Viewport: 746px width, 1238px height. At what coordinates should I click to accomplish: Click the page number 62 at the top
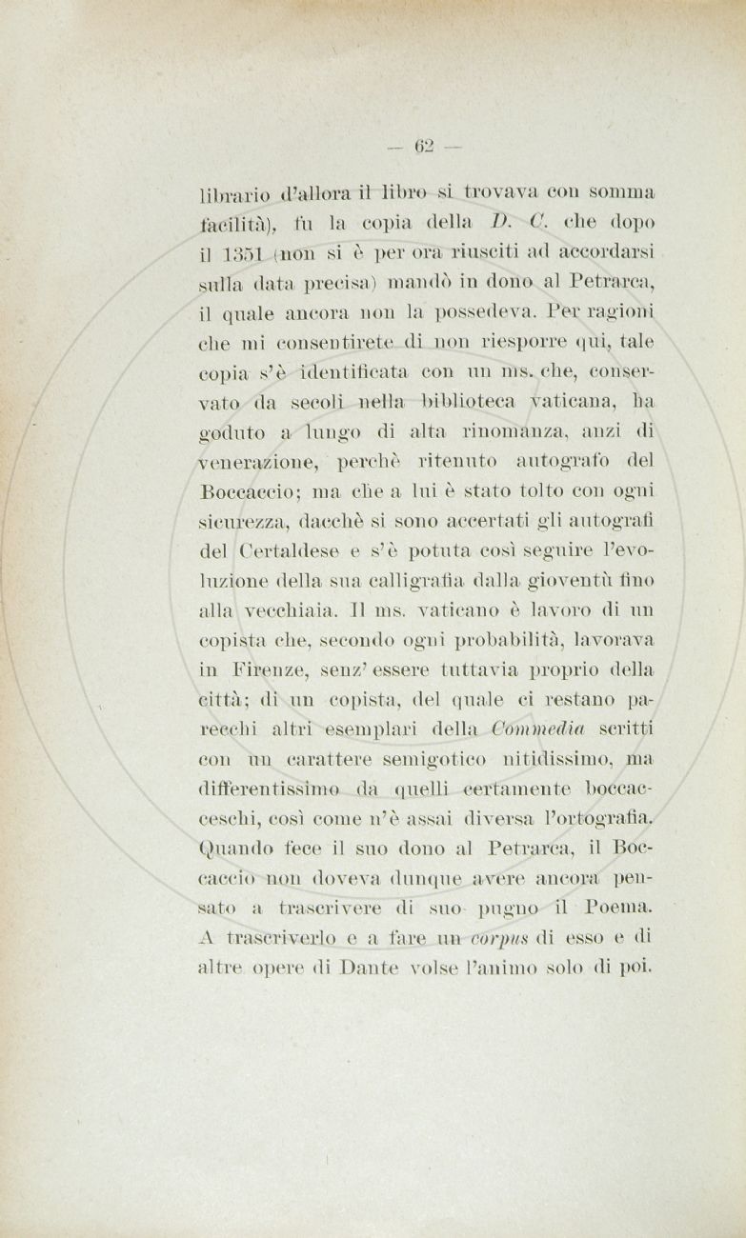pyautogui.click(x=424, y=146)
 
